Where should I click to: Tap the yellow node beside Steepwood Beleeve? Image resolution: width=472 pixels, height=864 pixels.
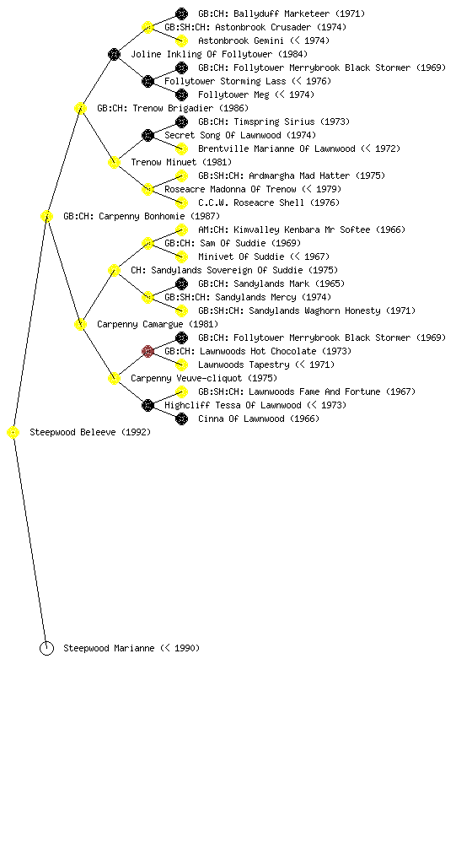pos(13,433)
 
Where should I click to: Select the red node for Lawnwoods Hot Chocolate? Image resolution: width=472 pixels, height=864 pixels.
pos(147,352)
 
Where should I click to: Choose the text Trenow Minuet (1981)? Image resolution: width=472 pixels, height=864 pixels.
pos(181,163)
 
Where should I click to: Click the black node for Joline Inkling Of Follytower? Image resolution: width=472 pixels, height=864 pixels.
pos(114,54)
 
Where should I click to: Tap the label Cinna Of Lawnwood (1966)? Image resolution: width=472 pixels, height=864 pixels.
pos(259,418)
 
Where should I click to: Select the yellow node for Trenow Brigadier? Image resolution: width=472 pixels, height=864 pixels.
pos(80,108)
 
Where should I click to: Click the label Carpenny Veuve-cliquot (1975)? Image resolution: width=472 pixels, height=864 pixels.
pos(203,379)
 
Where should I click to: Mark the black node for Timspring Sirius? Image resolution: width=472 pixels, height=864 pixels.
pos(181,121)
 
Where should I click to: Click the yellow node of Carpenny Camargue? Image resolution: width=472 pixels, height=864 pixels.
pos(80,325)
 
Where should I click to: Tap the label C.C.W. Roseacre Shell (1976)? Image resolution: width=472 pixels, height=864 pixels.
pos(269,202)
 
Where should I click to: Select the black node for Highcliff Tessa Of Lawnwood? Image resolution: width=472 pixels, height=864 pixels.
pos(147,406)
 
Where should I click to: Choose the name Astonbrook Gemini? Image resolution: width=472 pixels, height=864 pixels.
pos(241,40)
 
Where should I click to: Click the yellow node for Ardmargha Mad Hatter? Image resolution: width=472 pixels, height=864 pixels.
pos(181,175)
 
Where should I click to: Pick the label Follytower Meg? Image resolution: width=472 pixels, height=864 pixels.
pos(233,94)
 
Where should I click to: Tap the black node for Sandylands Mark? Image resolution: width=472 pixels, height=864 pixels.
pos(181,283)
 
